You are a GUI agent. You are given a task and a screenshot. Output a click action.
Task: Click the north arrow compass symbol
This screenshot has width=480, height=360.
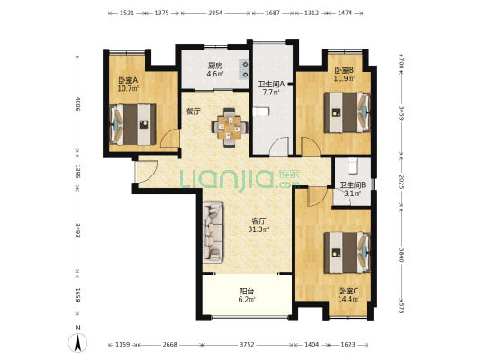(78, 342)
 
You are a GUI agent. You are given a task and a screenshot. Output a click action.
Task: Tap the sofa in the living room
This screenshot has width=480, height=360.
(213, 232)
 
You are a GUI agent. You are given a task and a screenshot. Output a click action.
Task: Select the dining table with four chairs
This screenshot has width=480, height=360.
(230, 127)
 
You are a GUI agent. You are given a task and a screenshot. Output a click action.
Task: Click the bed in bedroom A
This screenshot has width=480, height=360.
(132, 124)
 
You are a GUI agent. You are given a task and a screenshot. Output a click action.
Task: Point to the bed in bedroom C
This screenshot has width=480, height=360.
(348, 253)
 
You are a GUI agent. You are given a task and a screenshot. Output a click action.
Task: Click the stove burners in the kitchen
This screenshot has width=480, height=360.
(244, 69)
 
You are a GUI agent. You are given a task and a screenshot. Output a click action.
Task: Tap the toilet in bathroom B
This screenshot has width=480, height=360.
(353, 166)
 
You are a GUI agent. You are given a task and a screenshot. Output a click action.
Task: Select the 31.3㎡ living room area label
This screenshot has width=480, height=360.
(258, 229)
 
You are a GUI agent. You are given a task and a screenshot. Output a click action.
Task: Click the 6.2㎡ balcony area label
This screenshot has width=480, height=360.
(247, 300)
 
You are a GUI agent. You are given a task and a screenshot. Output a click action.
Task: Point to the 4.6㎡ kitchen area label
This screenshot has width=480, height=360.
(215, 74)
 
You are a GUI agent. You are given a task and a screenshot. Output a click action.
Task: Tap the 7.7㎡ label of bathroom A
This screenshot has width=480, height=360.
(270, 93)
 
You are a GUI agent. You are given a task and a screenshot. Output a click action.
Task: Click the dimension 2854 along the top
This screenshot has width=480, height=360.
(215, 13)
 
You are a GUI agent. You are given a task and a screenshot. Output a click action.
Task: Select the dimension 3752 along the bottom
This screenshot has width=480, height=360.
(247, 345)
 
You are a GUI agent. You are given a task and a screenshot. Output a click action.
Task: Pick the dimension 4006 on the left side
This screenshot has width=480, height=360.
(77, 104)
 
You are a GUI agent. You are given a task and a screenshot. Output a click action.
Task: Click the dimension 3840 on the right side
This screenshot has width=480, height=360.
(402, 255)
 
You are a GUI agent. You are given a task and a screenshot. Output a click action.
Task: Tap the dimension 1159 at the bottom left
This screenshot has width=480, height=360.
(122, 345)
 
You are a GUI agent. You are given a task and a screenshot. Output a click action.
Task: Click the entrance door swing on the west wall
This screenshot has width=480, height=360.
(147, 171)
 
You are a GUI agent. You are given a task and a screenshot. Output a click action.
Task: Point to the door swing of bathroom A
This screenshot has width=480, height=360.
(279, 147)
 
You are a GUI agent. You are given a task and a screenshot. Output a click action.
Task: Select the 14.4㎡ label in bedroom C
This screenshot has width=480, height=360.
(348, 299)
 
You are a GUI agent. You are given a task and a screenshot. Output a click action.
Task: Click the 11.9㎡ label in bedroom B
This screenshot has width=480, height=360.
(344, 78)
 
